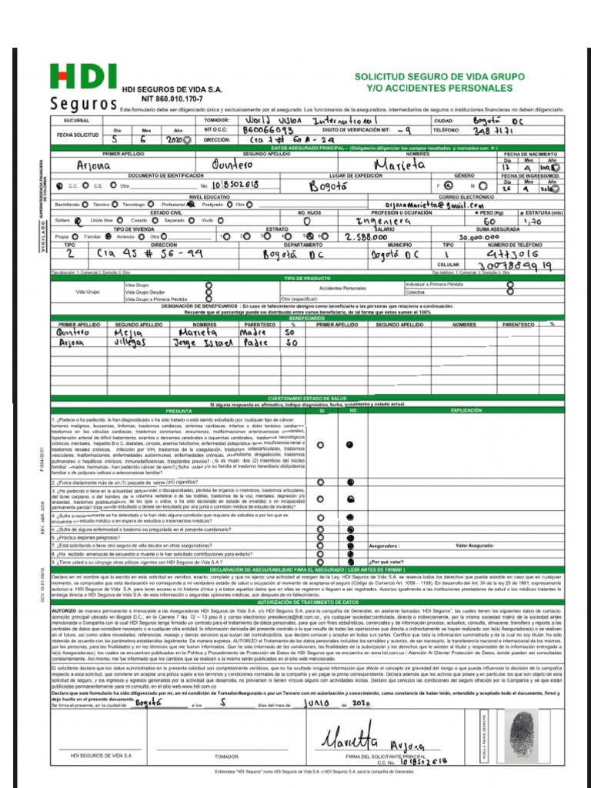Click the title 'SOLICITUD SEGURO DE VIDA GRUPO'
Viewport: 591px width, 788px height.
(443, 78)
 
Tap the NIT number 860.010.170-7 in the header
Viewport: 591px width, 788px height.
(159, 98)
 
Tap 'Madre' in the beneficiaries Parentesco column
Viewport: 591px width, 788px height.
(254, 332)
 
